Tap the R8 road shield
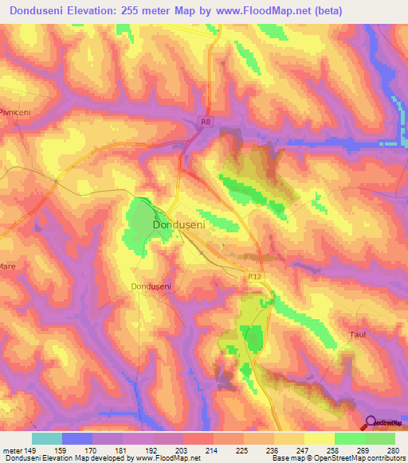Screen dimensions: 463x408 pyautogui.click(x=206, y=121)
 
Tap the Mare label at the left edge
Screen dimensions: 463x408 pyautogui.click(x=8, y=266)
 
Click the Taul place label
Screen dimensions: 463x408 pyautogui.click(x=358, y=335)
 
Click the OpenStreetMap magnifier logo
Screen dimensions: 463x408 pyautogui.click(x=369, y=422)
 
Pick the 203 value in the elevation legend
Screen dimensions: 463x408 pyautogui.click(x=167, y=449)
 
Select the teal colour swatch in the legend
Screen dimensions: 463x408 pyautogui.click(x=47, y=438)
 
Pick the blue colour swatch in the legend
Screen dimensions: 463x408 pyautogui.click(x=77, y=438)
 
